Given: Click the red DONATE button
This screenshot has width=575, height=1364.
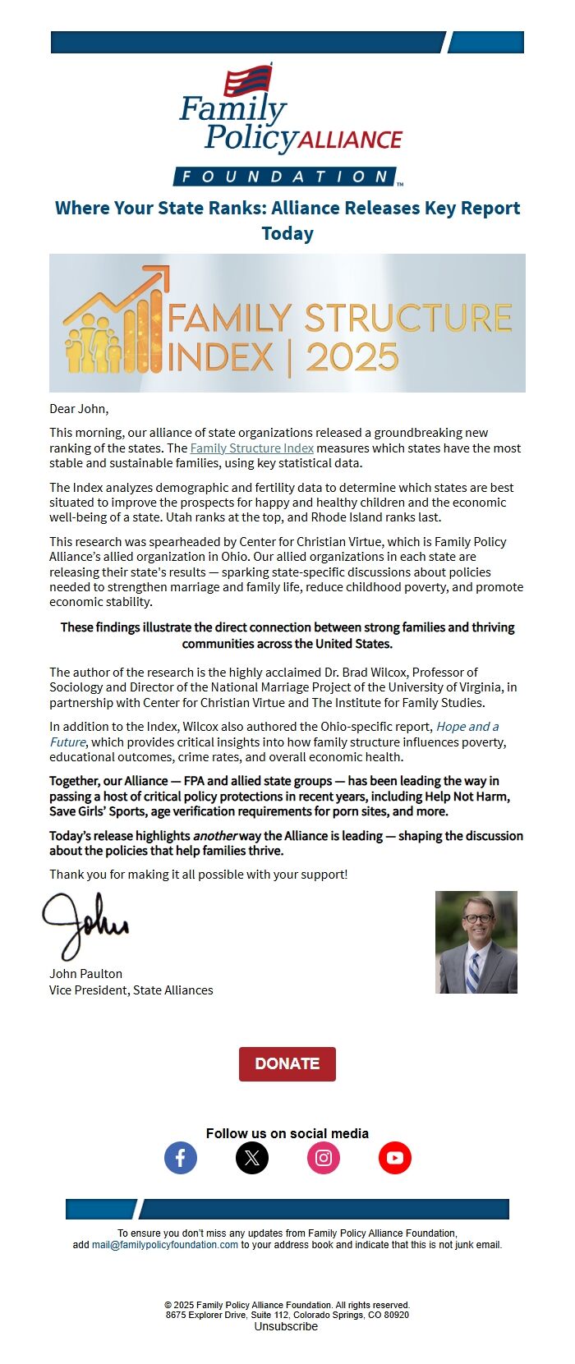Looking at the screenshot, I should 287,1063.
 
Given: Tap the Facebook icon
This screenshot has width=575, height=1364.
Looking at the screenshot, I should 181,1158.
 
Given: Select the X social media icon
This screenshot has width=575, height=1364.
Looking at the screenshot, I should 252,1158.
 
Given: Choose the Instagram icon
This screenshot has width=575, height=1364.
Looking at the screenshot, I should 324,1158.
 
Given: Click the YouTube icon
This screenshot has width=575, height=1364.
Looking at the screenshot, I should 395,1158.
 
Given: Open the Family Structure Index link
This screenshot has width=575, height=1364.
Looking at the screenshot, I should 251,448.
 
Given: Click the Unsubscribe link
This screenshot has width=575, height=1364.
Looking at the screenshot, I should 286,1326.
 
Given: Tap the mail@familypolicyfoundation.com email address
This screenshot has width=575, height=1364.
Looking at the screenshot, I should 165,1245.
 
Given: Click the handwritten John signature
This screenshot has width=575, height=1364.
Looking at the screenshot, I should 85,925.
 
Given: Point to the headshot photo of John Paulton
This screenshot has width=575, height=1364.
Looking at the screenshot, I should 476,942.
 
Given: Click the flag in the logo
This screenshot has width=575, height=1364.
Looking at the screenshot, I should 248,80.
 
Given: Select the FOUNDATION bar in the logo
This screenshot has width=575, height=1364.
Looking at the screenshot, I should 284,177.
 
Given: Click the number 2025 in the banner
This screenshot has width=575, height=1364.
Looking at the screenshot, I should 352,358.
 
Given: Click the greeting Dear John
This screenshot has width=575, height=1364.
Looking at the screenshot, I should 79,409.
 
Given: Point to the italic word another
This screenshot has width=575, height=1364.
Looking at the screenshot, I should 215,836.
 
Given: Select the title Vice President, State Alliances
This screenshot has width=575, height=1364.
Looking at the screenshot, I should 131,990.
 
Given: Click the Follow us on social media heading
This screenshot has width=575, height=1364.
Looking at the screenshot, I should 287,1133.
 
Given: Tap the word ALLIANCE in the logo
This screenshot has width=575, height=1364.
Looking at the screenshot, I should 350,140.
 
